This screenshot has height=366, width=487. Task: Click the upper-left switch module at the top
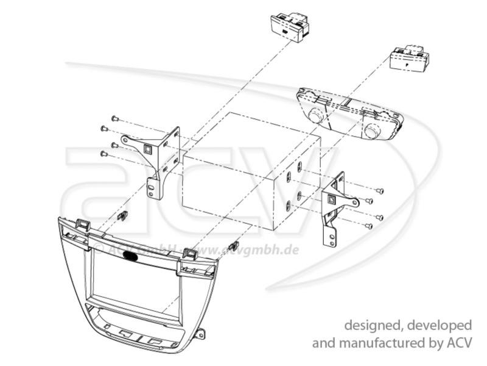click(x=290, y=27)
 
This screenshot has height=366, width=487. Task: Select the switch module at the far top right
click(x=410, y=59)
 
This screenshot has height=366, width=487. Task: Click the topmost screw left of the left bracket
click(x=114, y=118)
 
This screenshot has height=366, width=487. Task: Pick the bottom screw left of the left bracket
click(x=103, y=154)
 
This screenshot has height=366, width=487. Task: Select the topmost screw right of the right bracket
click(x=380, y=191)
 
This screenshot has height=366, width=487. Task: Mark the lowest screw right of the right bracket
click(x=368, y=226)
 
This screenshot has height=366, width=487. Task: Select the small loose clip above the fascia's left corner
click(x=123, y=215)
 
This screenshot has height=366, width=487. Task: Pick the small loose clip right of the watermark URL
click(x=232, y=246)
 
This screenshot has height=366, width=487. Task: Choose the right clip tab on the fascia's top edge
click(x=189, y=253)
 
